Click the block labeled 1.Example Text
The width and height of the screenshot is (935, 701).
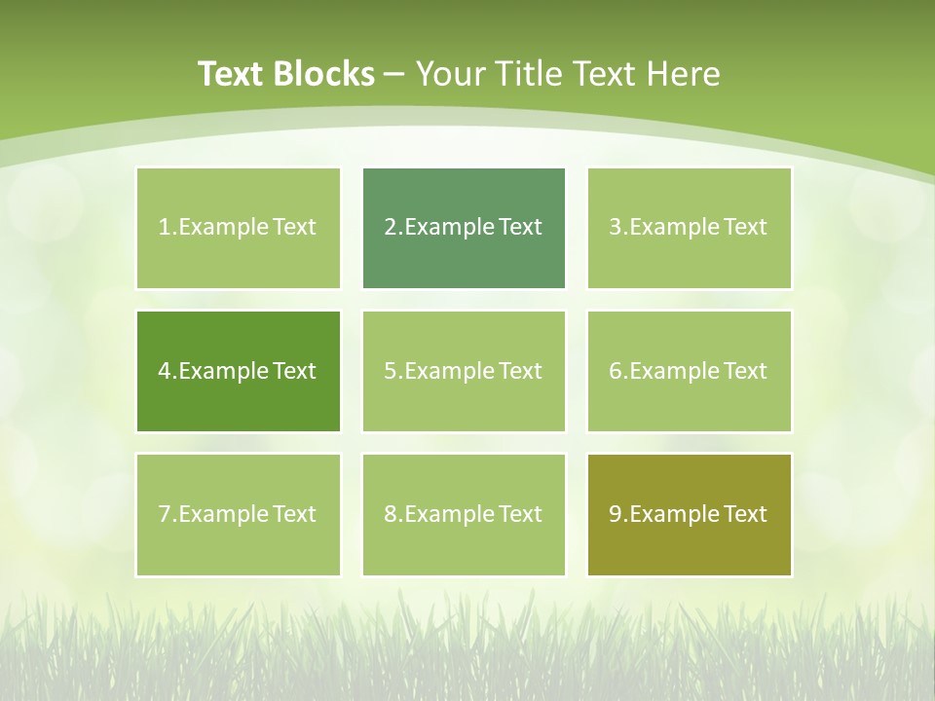(x=239, y=228)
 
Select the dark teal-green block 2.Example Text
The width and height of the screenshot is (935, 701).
(x=464, y=228)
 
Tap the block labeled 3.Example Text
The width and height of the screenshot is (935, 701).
(x=690, y=228)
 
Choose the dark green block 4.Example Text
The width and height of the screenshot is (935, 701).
(x=239, y=371)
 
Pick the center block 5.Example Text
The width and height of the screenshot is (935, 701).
(x=464, y=371)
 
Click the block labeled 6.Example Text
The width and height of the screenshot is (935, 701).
(x=690, y=371)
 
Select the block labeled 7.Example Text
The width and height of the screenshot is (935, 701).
(x=239, y=514)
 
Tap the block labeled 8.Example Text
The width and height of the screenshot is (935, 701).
(x=464, y=514)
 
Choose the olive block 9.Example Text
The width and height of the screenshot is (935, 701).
(x=690, y=514)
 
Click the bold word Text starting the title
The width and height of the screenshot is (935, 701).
(x=233, y=74)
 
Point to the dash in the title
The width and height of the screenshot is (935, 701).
(x=394, y=75)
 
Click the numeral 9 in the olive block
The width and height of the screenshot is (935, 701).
(x=616, y=514)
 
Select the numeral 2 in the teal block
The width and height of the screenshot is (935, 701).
(x=391, y=228)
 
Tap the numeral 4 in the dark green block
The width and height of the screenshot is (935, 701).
(x=165, y=371)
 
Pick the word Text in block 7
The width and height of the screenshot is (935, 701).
(x=294, y=514)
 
